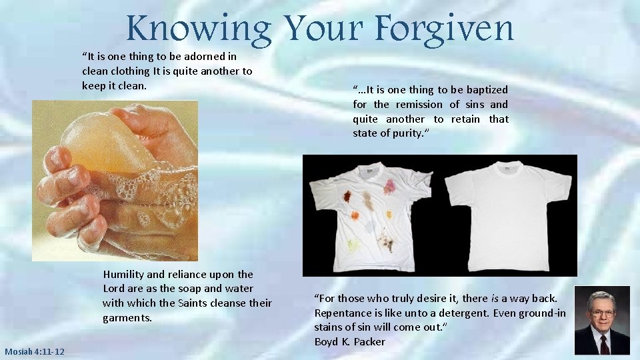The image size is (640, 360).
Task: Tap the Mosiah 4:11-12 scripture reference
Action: click(33, 351)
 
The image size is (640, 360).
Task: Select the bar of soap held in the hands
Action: click(107, 143)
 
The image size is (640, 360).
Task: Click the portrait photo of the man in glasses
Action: click(602, 321)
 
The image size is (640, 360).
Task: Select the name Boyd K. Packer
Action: click(349, 341)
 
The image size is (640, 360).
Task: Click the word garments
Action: click(127, 318)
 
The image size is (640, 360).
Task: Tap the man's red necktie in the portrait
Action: click(603, 343)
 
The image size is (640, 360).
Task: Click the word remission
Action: click(418, 104)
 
